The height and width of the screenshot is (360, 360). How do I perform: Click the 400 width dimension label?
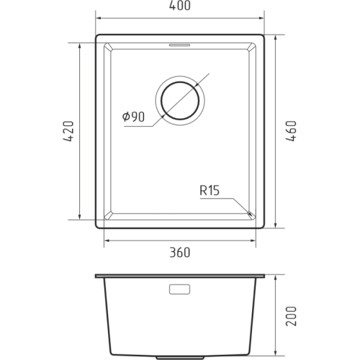tap(180, 6)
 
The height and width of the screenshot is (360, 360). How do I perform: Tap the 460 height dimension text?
tap(292, 131)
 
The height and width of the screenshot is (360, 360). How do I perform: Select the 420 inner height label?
tap(68, 131)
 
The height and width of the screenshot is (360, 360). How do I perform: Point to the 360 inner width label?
tap(180, 253)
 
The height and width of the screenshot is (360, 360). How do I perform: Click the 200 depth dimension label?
tap(292, 316)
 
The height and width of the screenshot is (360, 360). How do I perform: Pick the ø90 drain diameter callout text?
tap(133, 117)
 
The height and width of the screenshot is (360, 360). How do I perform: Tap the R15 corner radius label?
tap(210, 191)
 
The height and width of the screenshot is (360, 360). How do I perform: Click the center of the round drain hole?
tap(180, 101)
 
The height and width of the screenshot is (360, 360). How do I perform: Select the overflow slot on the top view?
tap(180, 45)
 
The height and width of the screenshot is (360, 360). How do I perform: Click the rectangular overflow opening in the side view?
tap(179, 289)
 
